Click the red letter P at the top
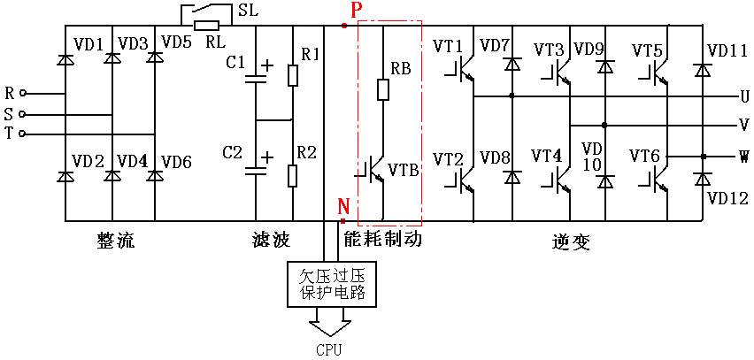coord(356,10)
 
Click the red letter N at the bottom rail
coord(343,207)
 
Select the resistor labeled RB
coord(383,90)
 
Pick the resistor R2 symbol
coord(293,174)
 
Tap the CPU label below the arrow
coord(327,349)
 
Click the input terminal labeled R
coord(10,92)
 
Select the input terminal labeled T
coord(10,134)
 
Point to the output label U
coord(743,96)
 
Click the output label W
coord(743,157)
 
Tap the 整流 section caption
coord(116,241)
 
